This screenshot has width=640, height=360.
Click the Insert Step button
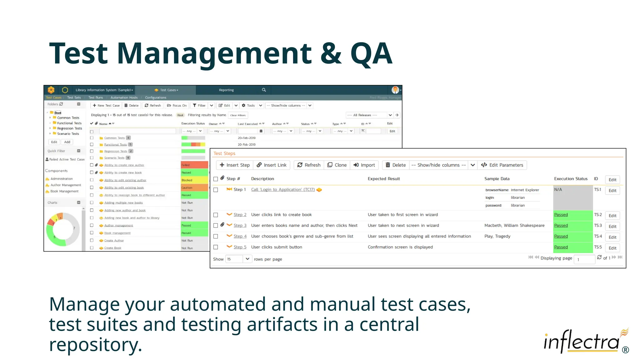point(235,165)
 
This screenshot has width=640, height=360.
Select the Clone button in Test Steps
point(337,165)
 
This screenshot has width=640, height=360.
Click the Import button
point(364,165)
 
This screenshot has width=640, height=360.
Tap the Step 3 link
point(240,225)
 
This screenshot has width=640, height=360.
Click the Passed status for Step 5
point(561,247)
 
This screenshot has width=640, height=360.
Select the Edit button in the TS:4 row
point(612,237)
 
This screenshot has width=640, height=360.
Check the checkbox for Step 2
point(216,215)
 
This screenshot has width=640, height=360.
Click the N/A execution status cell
point(572,197)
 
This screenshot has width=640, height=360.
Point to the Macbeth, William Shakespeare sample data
point(514,225)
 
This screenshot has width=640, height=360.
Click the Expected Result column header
point(384,179)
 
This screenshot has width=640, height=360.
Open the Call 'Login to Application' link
point(283,190)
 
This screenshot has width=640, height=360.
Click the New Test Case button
point(106,106)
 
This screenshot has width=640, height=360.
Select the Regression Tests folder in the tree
point(69,128)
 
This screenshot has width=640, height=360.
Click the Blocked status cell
point(194,180)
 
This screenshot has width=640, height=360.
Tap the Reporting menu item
point(226,90)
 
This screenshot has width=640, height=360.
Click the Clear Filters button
point(238,115)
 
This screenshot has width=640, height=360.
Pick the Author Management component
point(66,185)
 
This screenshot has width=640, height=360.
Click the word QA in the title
point(371,54)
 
